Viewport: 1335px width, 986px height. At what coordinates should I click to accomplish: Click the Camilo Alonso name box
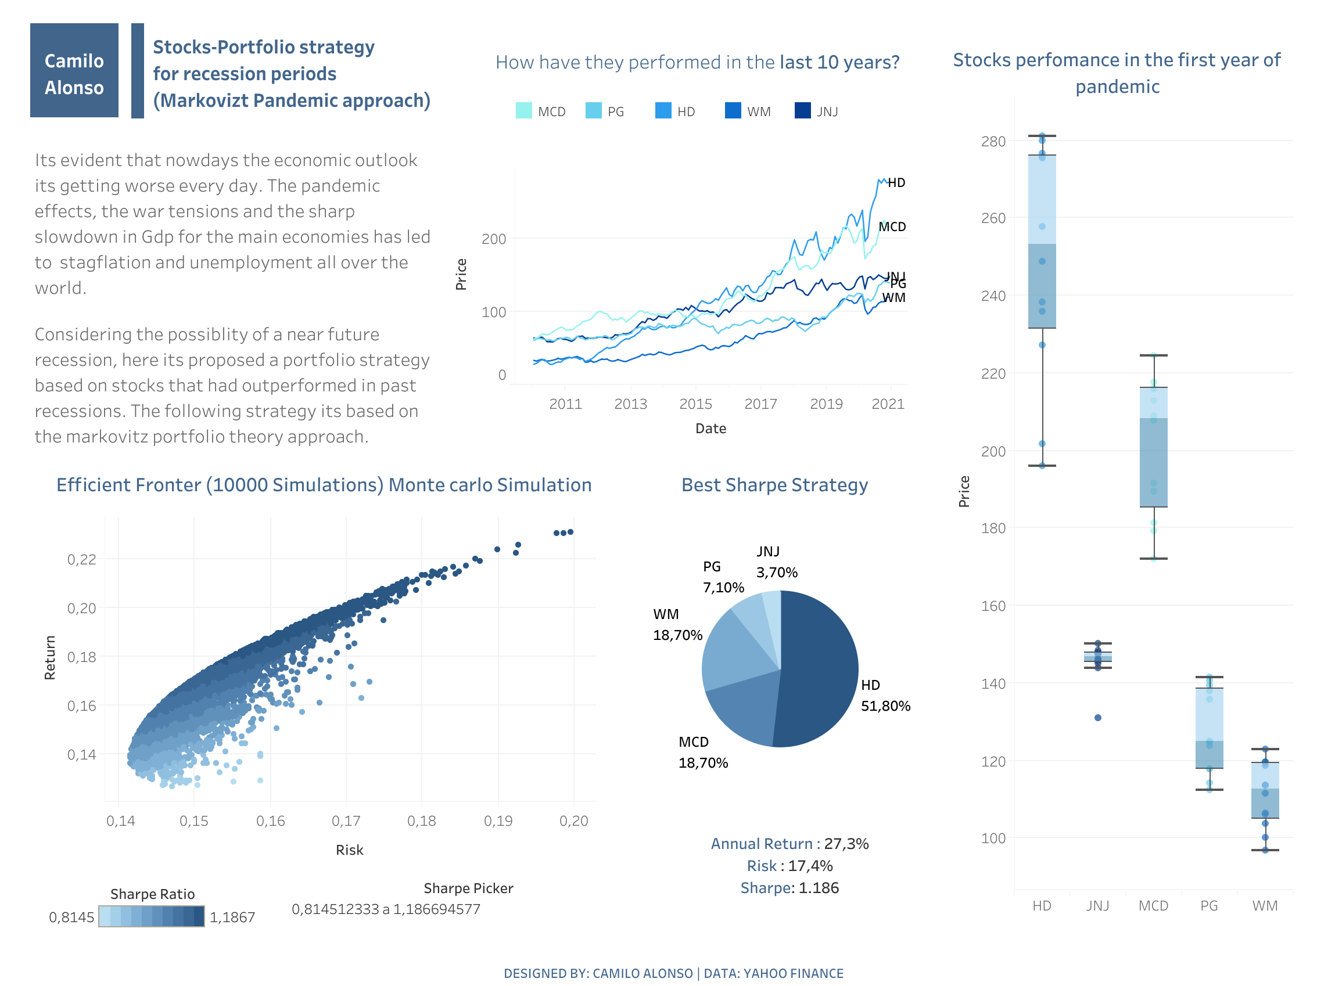pos(74,70)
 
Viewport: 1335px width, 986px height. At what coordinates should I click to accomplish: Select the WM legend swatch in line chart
pos(733,111)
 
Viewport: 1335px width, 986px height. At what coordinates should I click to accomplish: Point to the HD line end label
pos(896,183)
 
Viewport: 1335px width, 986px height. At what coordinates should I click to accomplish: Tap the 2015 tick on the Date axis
pos(695,404)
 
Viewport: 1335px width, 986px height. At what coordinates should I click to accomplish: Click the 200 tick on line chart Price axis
pos(494,239)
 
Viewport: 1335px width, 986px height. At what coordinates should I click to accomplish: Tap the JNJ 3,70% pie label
pos(776,562)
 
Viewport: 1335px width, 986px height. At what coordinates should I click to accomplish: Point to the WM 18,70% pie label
pos(677,625)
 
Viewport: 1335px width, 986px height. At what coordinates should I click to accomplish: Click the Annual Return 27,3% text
pos(789,844)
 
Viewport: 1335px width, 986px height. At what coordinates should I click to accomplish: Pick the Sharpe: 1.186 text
pos(789,888)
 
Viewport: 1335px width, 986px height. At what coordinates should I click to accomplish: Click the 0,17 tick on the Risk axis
pos(346,821)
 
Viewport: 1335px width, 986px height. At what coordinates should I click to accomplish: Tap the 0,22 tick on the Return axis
pos(81,560)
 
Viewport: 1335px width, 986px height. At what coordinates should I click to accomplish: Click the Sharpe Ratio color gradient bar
pos(151,917)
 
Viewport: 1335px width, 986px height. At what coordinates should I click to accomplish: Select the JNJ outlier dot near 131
pos(1097,718)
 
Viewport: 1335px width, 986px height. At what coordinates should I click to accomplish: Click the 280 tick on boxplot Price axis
pos(993,142)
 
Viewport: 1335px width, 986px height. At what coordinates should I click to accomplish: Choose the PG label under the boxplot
pos(1209,906)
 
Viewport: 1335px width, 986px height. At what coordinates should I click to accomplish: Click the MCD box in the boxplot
pos(1154,454)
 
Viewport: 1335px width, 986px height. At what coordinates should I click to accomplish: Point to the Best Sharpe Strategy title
pos(774,485)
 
